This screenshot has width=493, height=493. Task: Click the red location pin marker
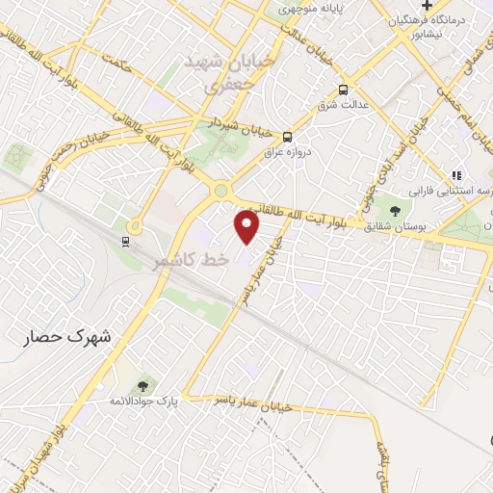pos(247,226)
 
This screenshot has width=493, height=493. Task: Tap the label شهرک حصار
pos(67,338)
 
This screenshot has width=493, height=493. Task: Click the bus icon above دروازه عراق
pos(287,136)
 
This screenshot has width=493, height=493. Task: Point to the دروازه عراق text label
pos(288,151)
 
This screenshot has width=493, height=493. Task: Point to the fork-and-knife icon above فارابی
pos(456,175)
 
